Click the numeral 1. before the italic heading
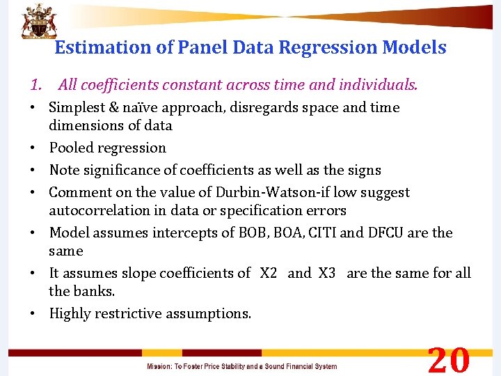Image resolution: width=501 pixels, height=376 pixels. (x=37, y=85)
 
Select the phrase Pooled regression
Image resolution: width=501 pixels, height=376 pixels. (x=108, y=148)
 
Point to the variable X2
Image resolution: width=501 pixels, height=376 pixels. (x=269, y=273)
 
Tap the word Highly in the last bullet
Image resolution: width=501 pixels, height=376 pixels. (x=70, y=313)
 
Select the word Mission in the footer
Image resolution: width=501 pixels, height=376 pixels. (x=159, y=366)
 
